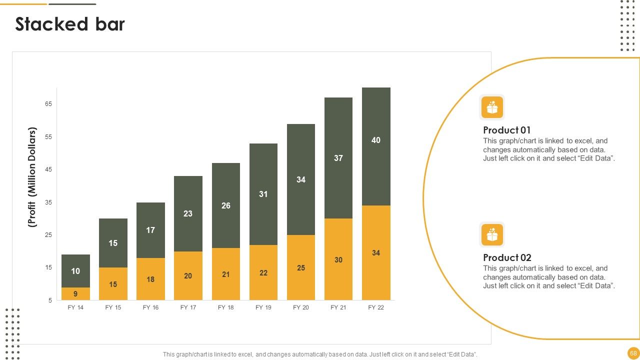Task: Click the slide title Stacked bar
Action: point(70,24)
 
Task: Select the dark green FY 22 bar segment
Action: point(376,146)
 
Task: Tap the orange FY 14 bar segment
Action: point(75,293)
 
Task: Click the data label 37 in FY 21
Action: point(338,158)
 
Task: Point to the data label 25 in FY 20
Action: point(301,267)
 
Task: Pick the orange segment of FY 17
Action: point(188,275)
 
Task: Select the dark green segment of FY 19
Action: point(263,194)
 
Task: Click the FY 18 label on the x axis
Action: point(225,307)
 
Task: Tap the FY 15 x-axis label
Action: point(113,307)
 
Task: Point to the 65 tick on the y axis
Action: point(48,104)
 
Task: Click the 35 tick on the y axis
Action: point(48,202)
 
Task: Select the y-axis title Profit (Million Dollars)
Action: point(32,177)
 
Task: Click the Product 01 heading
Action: point(506,130)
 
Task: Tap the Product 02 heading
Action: point(507,257)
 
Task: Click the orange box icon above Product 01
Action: point(492,107)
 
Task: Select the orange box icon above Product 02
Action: point(492,234)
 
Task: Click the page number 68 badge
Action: point(633,353)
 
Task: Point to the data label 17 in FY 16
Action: point(150,230)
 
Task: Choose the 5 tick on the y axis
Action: point(50,300)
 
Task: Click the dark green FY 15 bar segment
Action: point(113,243)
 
